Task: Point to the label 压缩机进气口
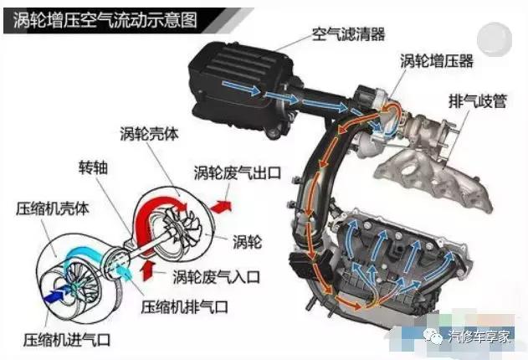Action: pyautogui.click(x=66, y=339)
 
